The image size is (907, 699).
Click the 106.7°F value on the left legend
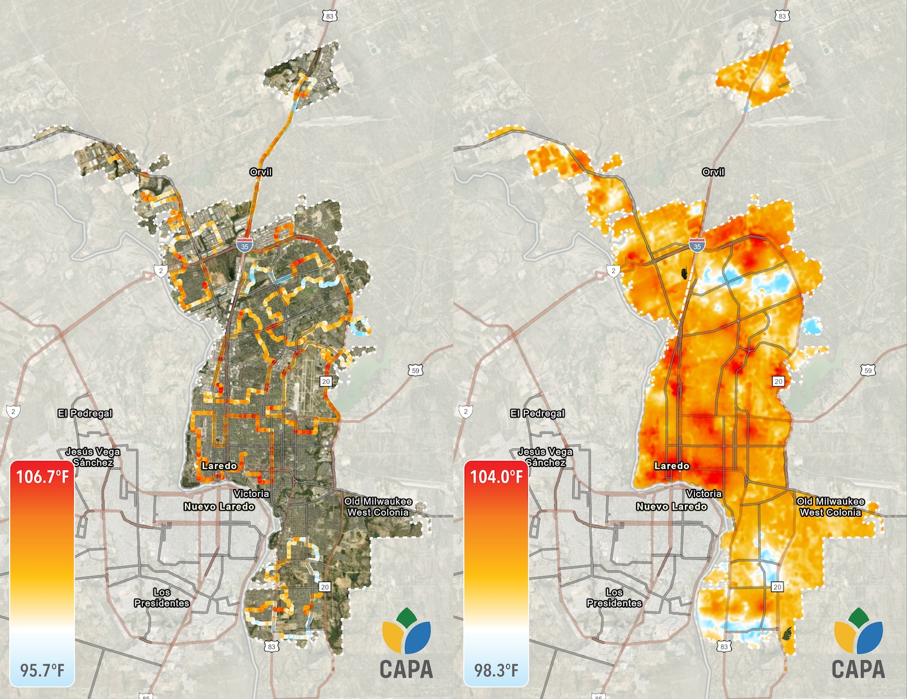click(x=43, y=477)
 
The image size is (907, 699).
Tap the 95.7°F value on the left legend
click(x=43, y=670)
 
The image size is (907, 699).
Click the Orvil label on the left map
click(x=261, y=172)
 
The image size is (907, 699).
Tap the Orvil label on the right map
click(x=713, y=172)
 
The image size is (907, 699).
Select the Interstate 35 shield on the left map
click(x=244, y=245)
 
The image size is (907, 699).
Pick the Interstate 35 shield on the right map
click(x=697, y=245)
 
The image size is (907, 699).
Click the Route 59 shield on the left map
click(x=416, y=370)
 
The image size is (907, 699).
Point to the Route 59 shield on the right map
click(x=868, y=370)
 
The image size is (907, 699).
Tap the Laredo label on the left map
click(x=219, y=466)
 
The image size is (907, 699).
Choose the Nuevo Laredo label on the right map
click(x=672, y=506)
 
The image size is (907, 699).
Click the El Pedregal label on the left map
click(x=85, y=413)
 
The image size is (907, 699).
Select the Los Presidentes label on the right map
click(x=614, y=597)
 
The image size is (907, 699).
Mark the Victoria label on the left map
click(x=251, y=494)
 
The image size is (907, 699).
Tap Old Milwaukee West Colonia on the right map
click(x=831, y=507)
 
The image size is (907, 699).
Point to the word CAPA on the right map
click(x=858, y=669)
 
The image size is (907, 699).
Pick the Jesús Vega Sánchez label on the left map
click(x=93, y=457)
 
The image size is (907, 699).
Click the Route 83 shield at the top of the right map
click(x=782, y=16)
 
